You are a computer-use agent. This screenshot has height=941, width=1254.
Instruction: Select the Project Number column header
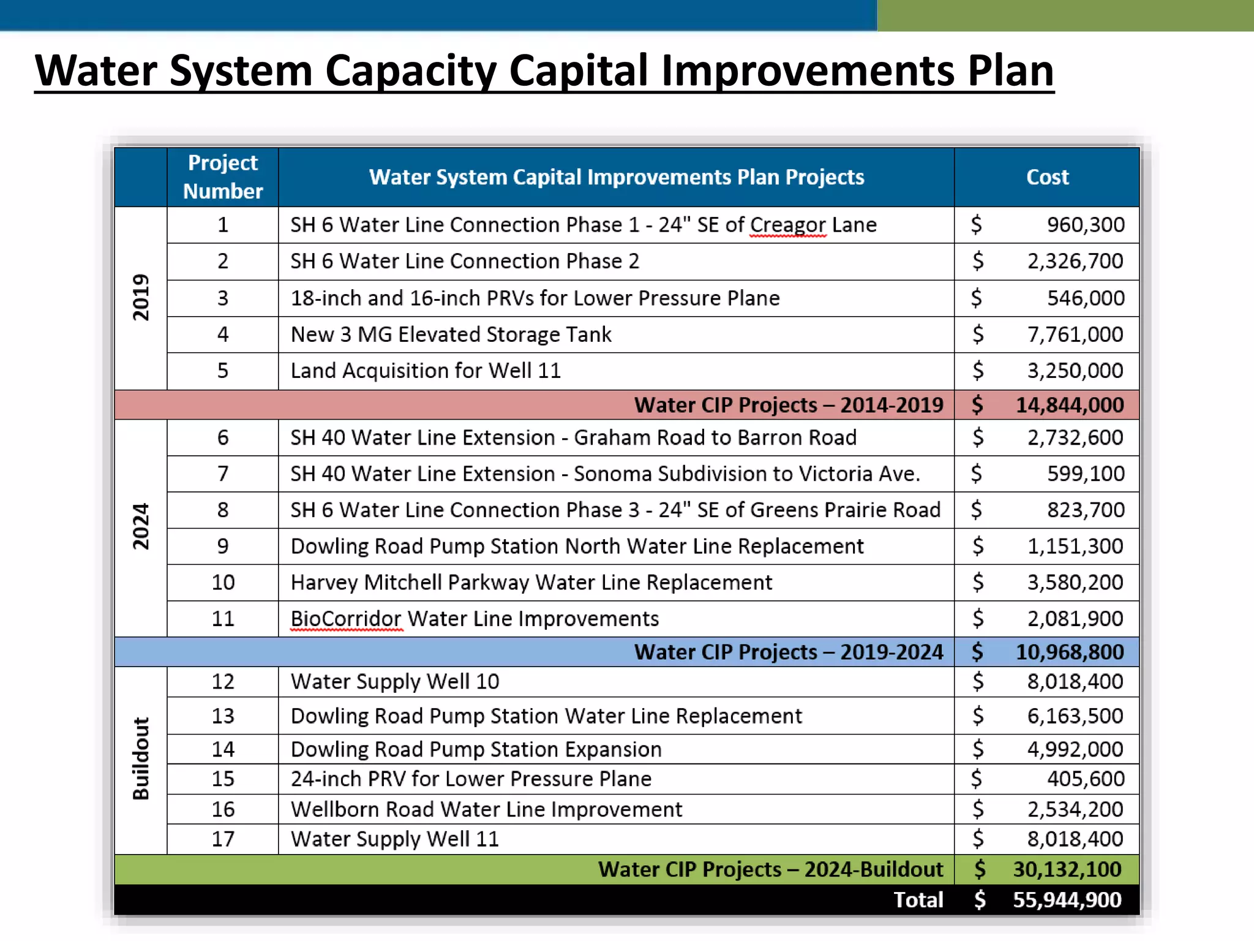tap(223, 176)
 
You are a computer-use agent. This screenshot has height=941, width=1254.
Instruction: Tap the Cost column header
tap(1047, 177)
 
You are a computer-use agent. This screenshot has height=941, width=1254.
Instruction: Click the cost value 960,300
tap(1085, 225)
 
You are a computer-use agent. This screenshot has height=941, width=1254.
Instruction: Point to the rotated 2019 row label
tap(141, 297)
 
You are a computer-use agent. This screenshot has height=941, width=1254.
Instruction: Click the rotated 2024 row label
tap(141, 526)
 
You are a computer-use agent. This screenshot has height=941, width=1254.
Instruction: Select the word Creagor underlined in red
tap(788, 225)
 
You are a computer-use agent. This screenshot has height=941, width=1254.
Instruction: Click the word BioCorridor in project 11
tap(346, 619)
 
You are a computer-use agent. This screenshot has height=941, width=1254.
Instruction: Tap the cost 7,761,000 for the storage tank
tap(1075, 334)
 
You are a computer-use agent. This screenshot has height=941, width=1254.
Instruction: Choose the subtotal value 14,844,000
tap(1070, 405)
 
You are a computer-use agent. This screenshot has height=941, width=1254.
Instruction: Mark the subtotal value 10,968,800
tap(1070, 652)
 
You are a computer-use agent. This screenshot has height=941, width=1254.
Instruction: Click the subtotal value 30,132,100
tap(1067, 869)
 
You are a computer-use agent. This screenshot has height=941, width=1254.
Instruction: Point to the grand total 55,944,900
tap(1067, 900)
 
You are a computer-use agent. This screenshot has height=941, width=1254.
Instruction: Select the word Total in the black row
tap(918, 900)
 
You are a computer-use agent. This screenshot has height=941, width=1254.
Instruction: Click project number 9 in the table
tap(223, 546)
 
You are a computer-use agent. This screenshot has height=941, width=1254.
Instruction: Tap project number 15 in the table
tap(223, 779)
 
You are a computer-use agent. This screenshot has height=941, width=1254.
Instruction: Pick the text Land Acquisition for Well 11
tap(426, 371)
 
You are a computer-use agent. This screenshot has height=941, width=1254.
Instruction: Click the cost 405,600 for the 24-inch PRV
tap(1085, 779)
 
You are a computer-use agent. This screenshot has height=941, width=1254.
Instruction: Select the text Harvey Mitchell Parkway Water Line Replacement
tap(531, 582)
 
